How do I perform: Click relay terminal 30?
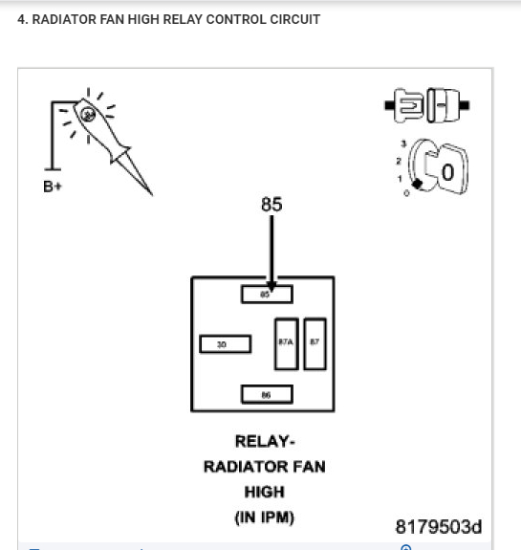(x=225, y=343)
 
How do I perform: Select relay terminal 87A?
(x=286, y=343)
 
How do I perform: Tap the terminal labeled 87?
(x=315, y=343)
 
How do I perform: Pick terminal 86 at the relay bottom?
(x=267, y=394)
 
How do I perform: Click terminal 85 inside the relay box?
(x=267, y=295)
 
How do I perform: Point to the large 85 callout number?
(x=271, y=205)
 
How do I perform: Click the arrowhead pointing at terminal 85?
(x=271, y=283)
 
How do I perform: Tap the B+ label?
(x=53, y=186)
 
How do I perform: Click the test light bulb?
(x=88, y=115)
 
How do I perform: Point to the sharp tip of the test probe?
(x=150, y=192)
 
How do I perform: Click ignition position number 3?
(x=403, y=143)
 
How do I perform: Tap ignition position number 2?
(x=399, y=161)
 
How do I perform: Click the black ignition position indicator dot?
(x=416, y=184)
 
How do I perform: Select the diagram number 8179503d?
(x=438, y=527)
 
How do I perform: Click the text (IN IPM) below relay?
(x=264, y=517)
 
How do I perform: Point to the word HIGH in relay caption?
(x=264, y=492)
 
